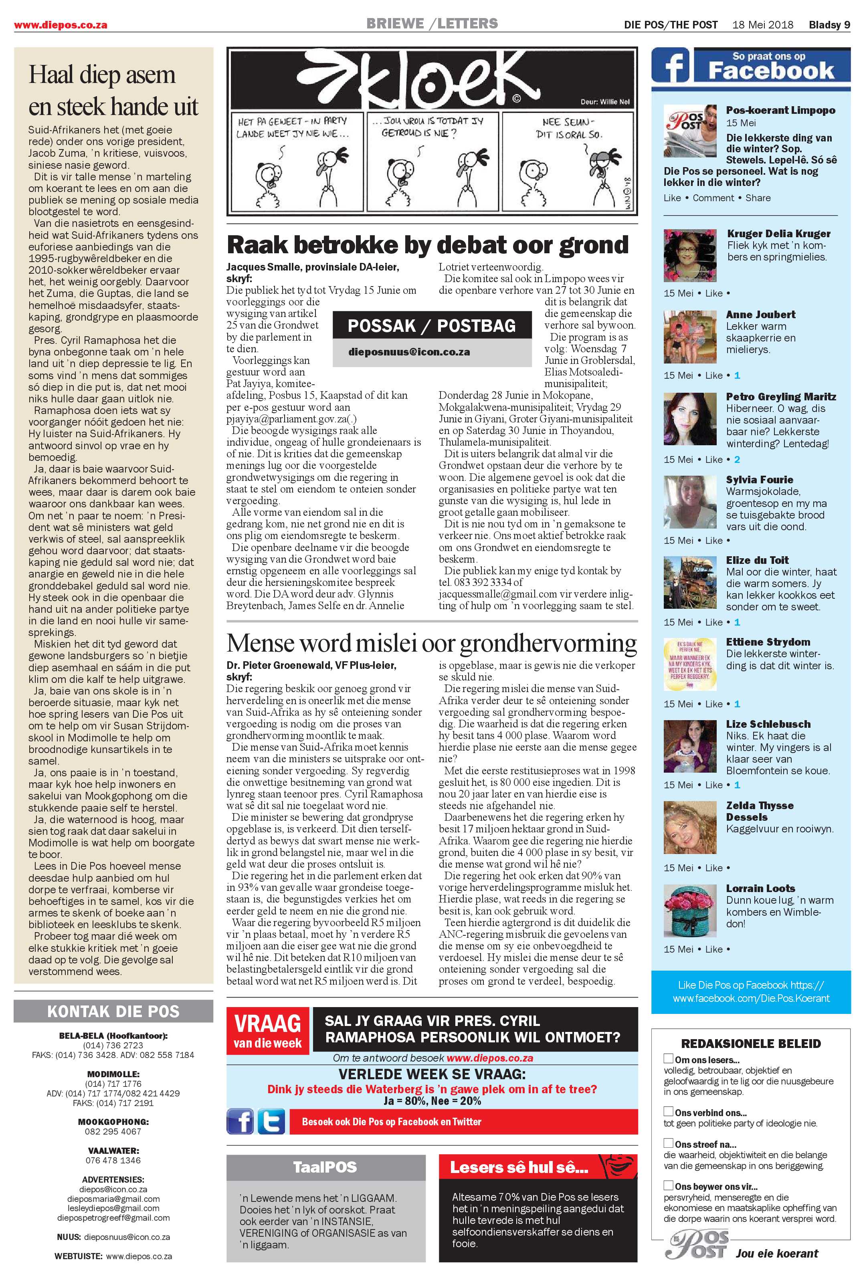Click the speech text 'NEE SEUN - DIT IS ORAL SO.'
pyautogui.click(x=572, y=127)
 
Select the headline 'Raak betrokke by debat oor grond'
pyautogui.click(x=427, y=245)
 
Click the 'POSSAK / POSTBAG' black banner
pyautogui.click(x=432, y=325)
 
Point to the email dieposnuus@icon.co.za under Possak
pyautogui.click(x=409, y=352)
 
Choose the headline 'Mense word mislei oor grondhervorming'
pyautogui.click(x=432, y=642)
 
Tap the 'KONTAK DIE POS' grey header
pyautogui.click(x=113, y=1011)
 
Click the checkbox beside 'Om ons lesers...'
pyautogui.click(x=668, y=1058)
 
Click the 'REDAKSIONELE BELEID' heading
pyautogui.click(x=751, y=1043)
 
